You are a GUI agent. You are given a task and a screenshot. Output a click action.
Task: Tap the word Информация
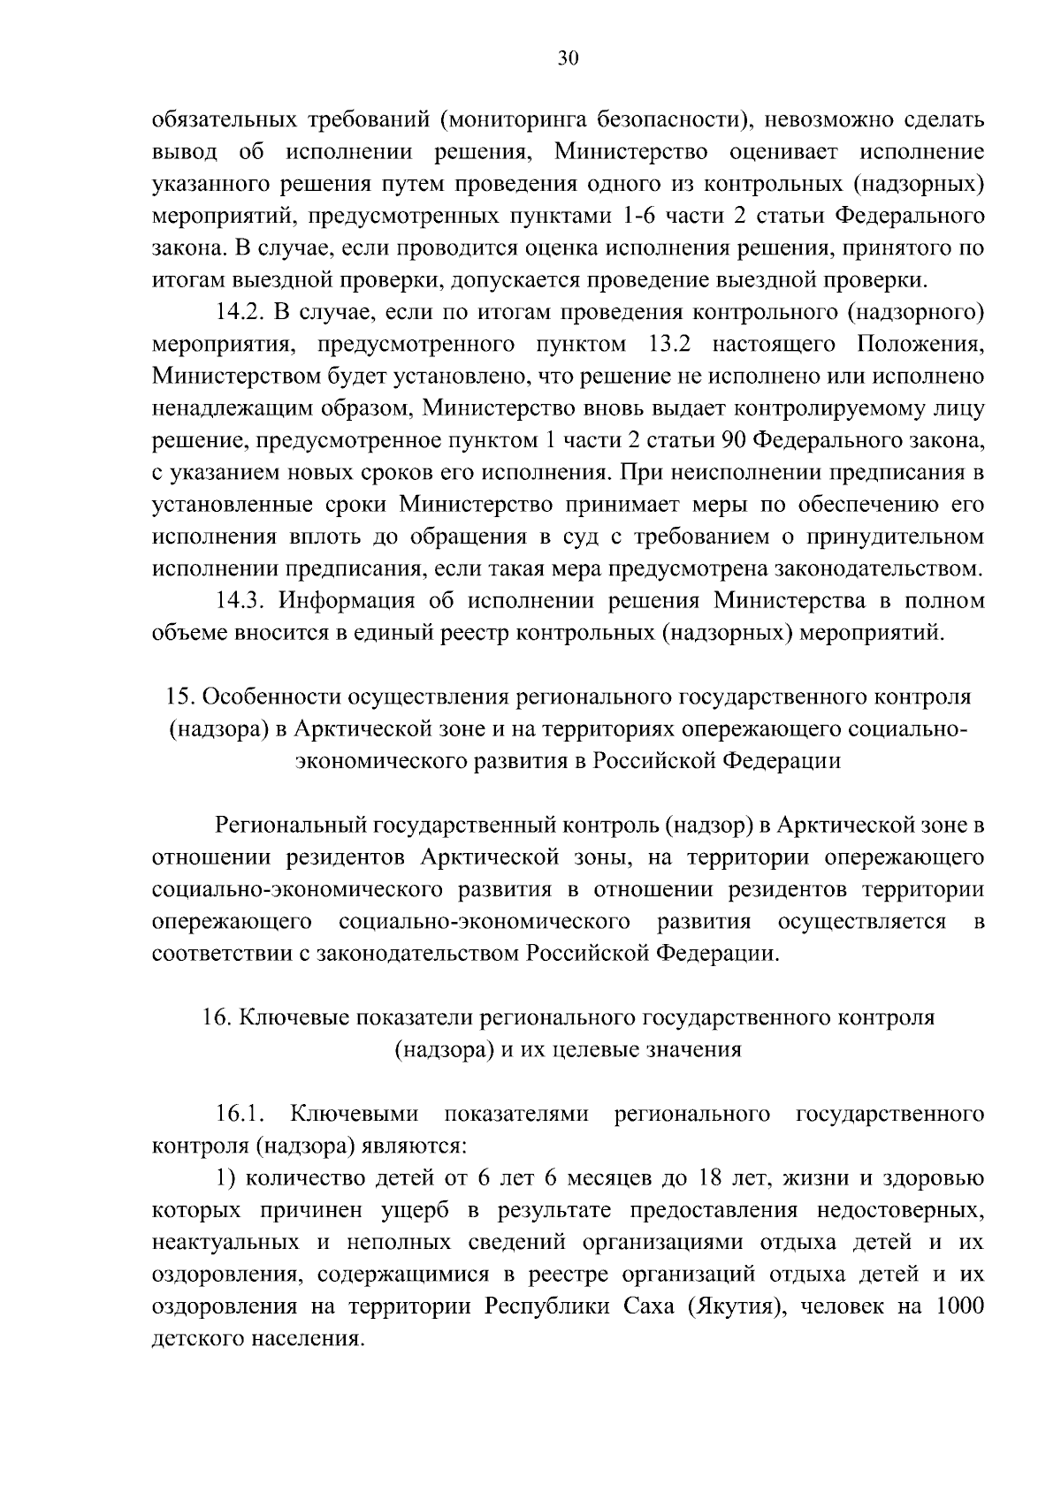(x=347, y=601)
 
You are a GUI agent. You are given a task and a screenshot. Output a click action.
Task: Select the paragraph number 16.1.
(x=238, y=1115)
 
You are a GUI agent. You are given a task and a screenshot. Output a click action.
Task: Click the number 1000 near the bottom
(x=957, y=1306)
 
